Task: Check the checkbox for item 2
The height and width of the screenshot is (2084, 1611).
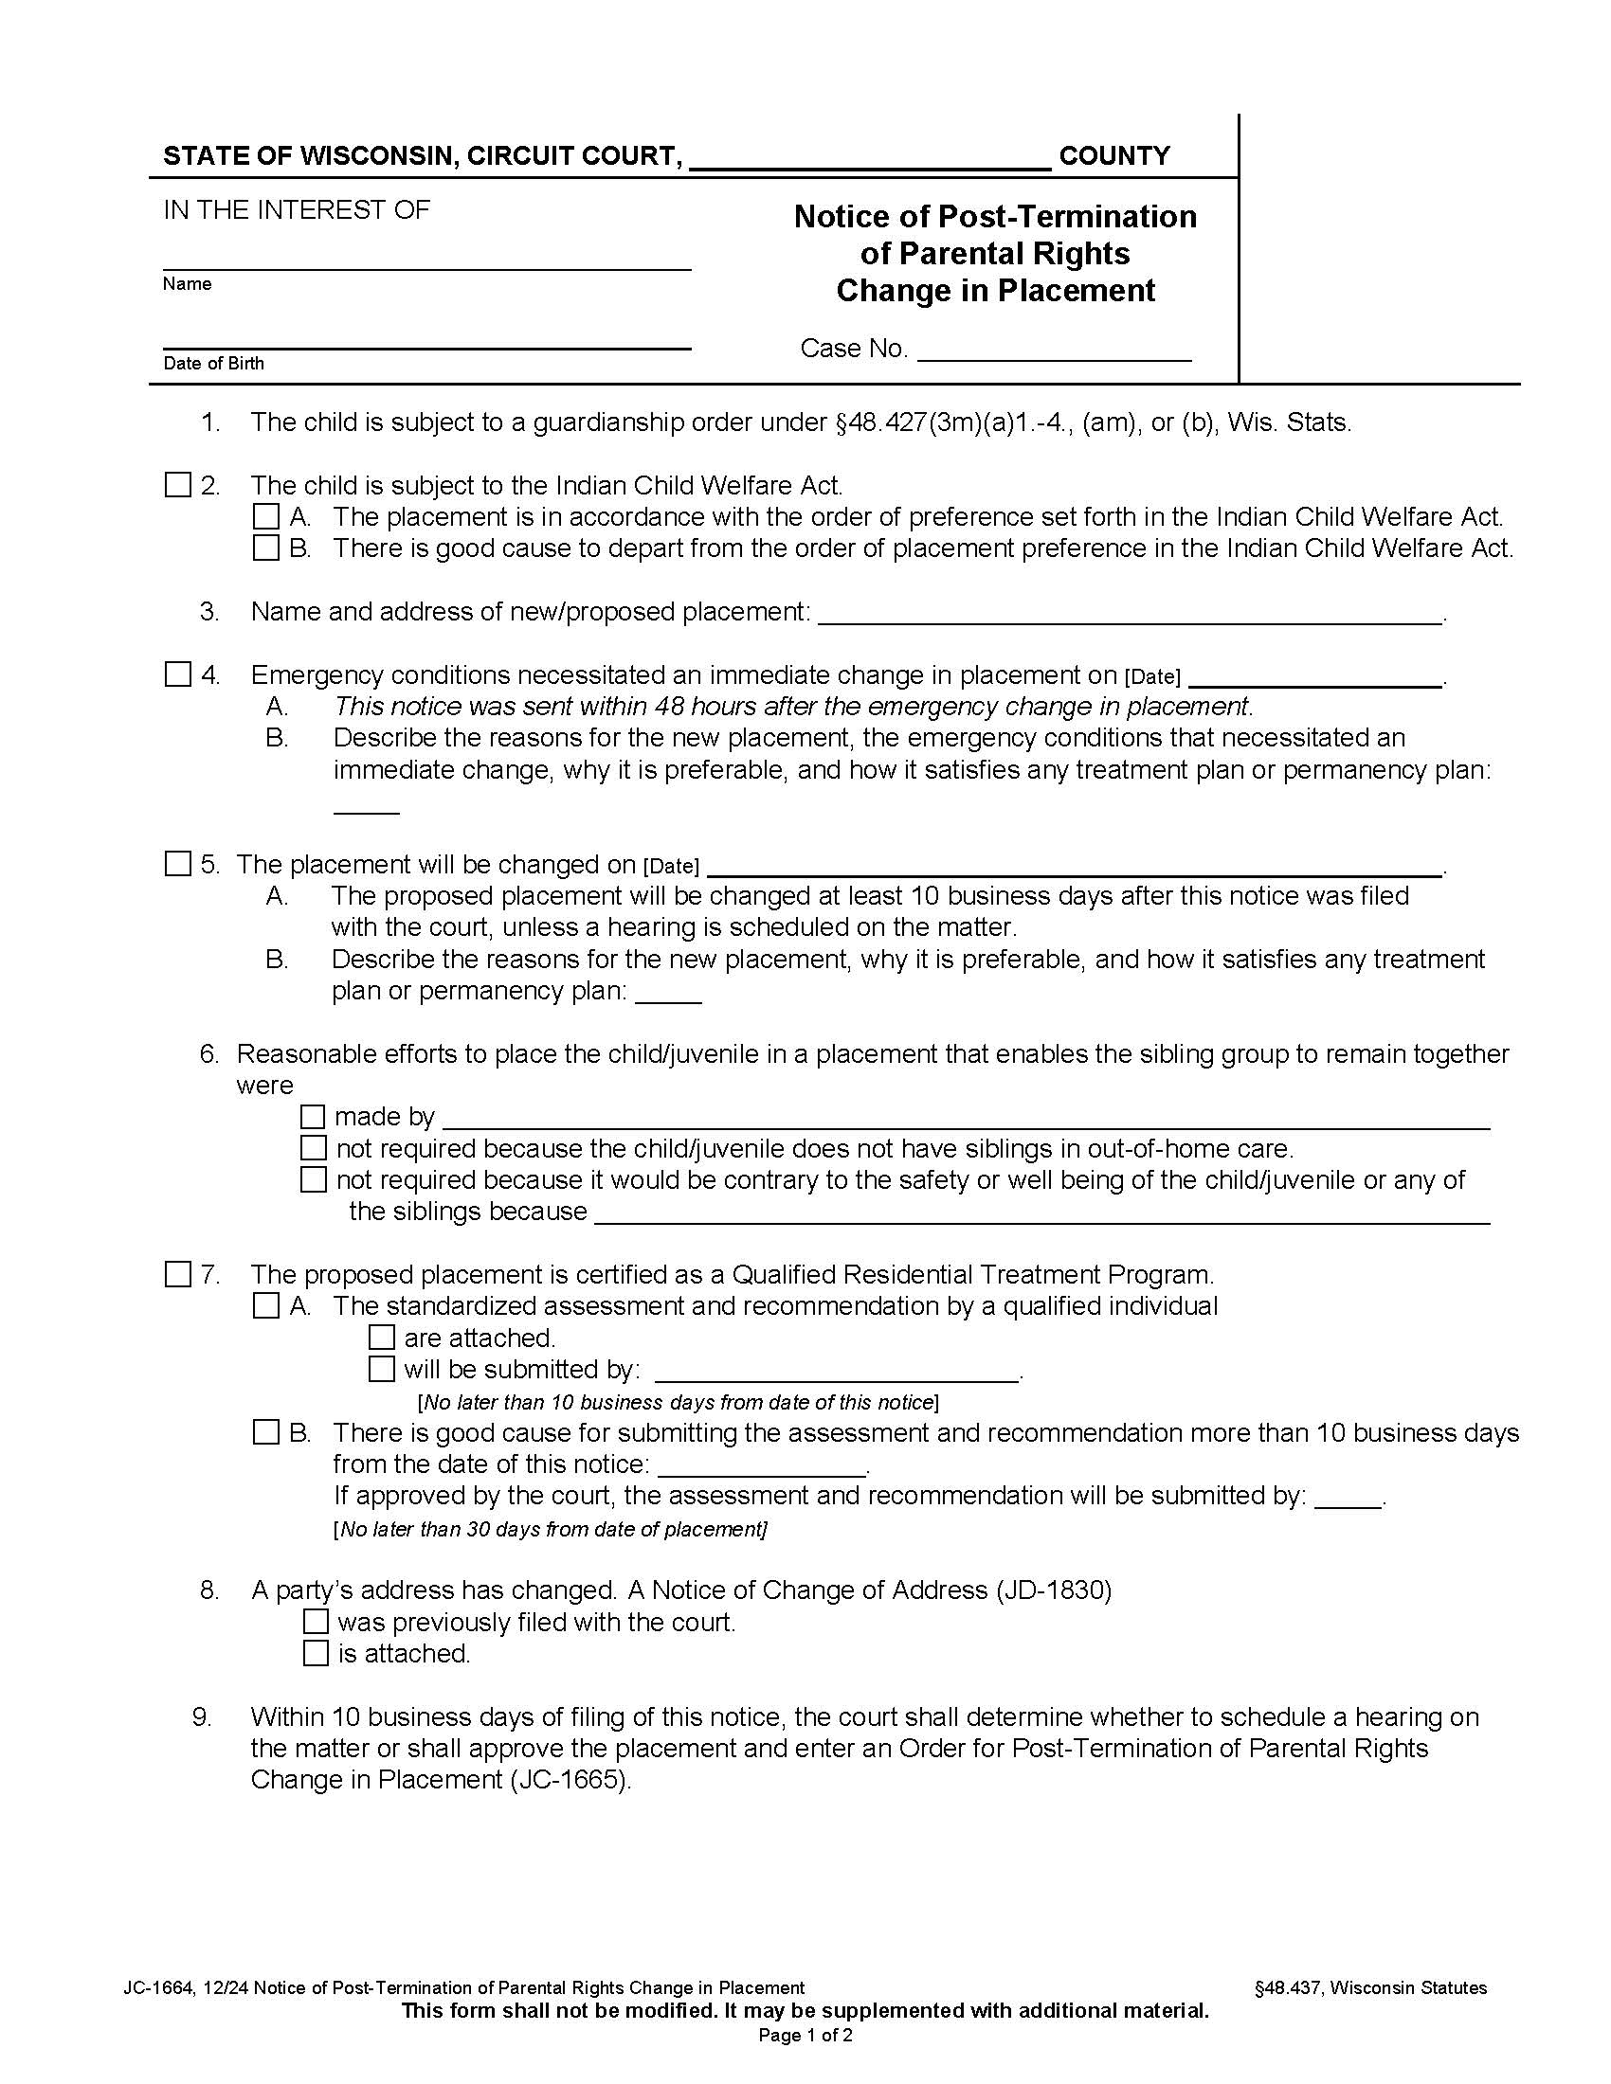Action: coord(177,485)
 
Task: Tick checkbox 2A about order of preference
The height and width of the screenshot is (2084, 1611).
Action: coord(265,516)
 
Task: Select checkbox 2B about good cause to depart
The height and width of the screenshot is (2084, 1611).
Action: coord(265,548)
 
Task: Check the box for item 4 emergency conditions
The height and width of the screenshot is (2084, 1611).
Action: coord(177,674)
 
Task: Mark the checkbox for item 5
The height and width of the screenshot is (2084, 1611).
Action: coord(177,864)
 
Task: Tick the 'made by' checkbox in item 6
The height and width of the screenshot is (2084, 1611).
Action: coord(313,1116)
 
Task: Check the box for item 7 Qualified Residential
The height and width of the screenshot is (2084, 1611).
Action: coord(177,1274)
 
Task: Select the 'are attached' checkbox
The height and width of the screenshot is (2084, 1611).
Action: coord(381,1338)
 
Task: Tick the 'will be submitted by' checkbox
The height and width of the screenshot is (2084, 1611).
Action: coord(381,1370)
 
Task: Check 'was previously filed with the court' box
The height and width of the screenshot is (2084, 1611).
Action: coord(316,1621)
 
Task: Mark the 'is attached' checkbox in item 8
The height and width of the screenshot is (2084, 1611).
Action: coord(316,1653)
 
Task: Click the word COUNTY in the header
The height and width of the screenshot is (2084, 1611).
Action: coord(1113,155)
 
